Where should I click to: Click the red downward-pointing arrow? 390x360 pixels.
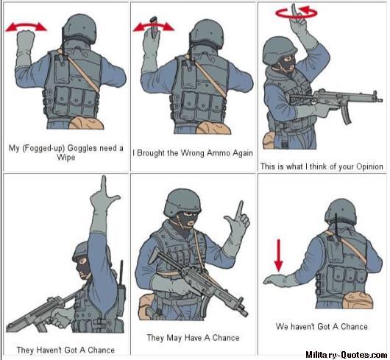point(279,255)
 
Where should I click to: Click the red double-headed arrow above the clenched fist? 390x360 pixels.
point(26,27)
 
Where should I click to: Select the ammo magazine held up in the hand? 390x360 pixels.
point(155,27)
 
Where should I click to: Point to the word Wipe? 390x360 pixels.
point(66,158)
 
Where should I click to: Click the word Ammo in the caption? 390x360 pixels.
point(218,152)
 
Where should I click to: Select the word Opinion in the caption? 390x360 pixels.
point(369,166)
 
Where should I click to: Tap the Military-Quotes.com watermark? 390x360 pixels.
point(346,354)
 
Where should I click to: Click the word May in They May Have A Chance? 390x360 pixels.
point(174,338)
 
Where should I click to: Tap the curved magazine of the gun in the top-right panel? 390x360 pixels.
point(346,115)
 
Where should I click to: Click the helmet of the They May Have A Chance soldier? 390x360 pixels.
point(182,202)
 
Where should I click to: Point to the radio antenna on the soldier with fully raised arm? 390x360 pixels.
point(121,273)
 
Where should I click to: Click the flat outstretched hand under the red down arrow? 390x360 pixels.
point(275,280)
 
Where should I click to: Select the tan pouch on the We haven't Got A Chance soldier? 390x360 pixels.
point(358,300)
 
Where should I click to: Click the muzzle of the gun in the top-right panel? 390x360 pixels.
point(378,99)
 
